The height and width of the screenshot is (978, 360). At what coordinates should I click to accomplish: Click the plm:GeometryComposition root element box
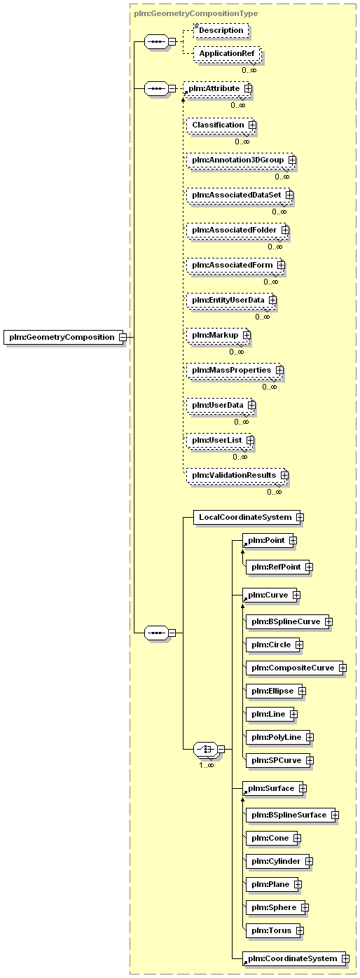[x=61, y=337]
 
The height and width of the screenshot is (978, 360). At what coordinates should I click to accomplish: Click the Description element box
[x=220, y=30]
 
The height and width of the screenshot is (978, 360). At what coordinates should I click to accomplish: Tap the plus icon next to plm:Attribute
[x=248, y=89]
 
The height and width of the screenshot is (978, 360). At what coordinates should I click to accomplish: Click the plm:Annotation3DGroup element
[x=237, y=160]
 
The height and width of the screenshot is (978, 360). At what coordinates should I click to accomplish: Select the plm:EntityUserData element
[x=228, y=300]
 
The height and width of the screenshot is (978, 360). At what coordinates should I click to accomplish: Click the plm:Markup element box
[x=215, y=335]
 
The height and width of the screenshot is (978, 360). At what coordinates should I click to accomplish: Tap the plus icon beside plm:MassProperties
[x=279, y=370]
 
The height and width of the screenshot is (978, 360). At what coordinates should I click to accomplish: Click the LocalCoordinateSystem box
[x=244, y=517]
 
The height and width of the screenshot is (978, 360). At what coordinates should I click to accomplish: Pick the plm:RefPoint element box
[x=274, y=567]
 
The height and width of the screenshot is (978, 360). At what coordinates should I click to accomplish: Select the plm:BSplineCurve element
[x=284, y=621]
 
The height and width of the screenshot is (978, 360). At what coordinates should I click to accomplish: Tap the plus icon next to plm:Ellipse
[x=302, y=691]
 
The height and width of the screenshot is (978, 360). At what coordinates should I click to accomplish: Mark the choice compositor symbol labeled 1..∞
[x=205, y=749]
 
